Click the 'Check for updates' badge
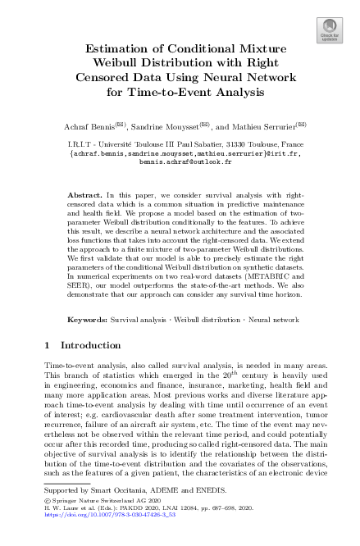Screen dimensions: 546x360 (329, 30)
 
